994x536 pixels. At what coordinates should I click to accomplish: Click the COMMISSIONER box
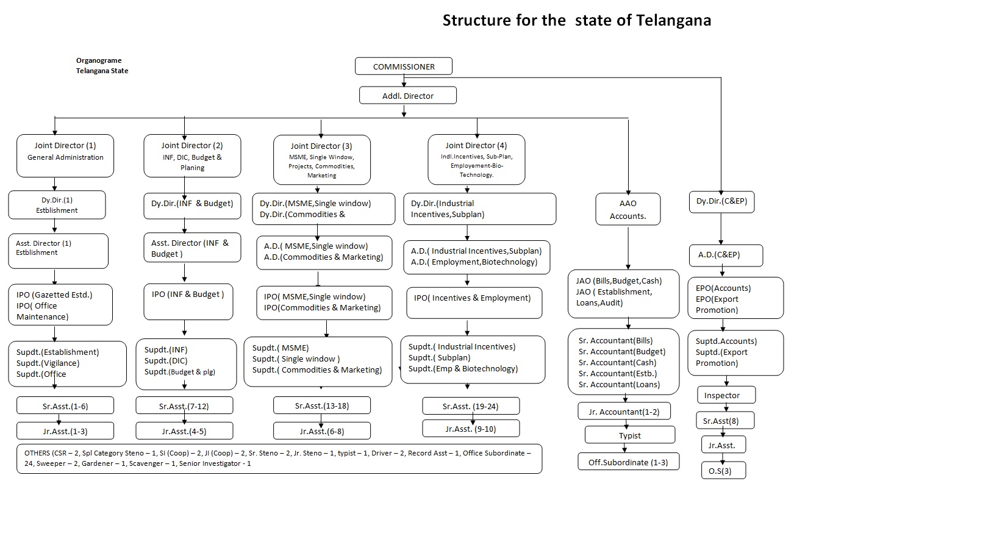[x=404, y=66]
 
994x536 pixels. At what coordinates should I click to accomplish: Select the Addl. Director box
[x=407, y=96]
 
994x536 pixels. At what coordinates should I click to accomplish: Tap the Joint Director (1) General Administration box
[x=65, y=156]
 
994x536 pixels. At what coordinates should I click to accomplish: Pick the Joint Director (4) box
[x=476, y=160]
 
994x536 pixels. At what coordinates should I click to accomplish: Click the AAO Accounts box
[x=628, y=209]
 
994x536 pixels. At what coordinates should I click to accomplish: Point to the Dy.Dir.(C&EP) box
[x=721, y=201]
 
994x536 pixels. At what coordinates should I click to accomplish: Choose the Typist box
[x=630, y=435]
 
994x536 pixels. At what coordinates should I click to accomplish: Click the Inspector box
[x=726, y=395]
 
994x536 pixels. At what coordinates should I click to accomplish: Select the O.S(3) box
[x=724, y=471]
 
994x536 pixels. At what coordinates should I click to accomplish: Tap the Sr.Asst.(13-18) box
[x=321, y=406]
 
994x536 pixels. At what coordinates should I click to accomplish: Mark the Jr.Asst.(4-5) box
[x=184, y=431]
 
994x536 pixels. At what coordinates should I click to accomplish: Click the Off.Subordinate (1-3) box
[x=628, y=462]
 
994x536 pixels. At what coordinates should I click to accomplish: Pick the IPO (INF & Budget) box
[x=188, y=301]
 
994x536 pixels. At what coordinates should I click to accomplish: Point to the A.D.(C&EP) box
[x=726, y=255]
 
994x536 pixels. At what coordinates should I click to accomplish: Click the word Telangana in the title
[x=673, y=21]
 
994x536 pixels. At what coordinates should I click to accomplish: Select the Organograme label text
[x=99, y=60]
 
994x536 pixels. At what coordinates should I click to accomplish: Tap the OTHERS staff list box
[x=279, y=459]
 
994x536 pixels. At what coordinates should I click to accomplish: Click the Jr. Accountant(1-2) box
[x=624, y=412]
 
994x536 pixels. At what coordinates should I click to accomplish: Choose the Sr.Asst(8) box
[x=725, y=421]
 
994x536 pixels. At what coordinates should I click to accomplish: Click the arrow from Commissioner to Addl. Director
[x=404, y=80]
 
